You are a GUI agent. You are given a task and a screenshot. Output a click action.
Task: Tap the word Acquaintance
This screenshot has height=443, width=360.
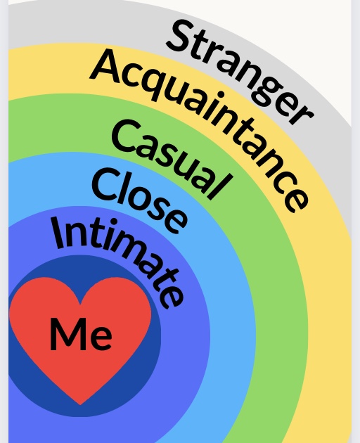[198, 127]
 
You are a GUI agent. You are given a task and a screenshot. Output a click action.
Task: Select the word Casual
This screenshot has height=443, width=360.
[173, 159]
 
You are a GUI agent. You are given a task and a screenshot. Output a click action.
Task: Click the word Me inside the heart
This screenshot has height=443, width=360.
[81, 334]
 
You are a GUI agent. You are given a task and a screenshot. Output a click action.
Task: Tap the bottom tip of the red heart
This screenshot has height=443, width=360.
[80, 404]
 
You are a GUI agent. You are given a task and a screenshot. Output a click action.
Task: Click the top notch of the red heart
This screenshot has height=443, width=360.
[81, 304]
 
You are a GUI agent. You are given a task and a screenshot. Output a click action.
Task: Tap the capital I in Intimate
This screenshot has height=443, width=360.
[59, 233]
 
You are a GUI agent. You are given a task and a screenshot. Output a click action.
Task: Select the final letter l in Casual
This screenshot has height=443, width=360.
[222, 186]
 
